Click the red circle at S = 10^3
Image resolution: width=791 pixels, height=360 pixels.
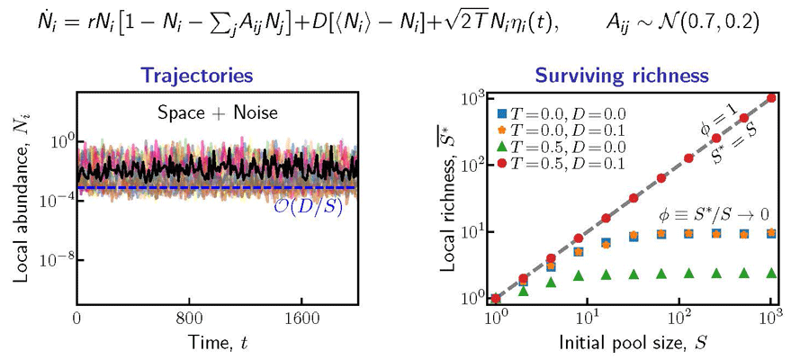pos(771,98)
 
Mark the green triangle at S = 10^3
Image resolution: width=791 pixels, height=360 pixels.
pos(771,272)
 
